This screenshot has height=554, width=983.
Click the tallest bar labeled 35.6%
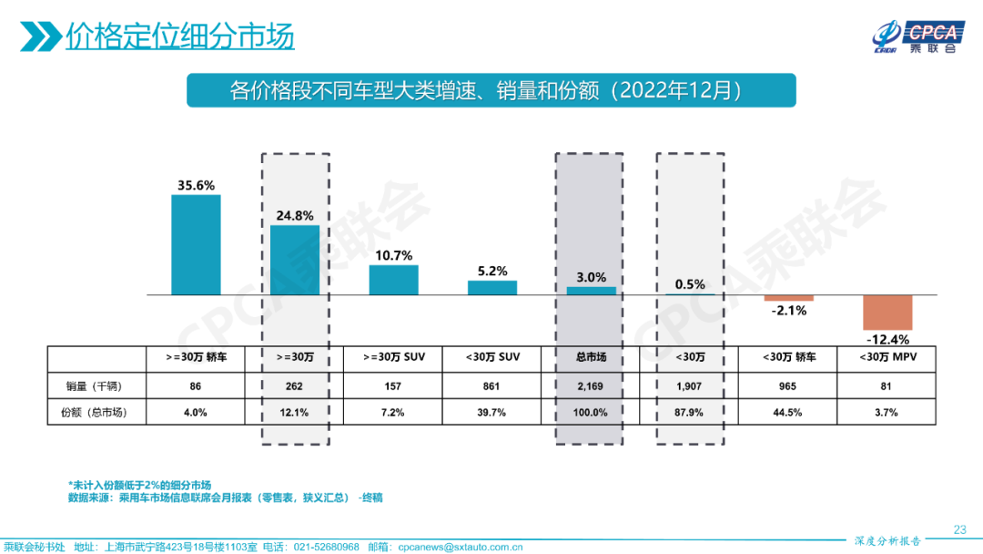[196, 244]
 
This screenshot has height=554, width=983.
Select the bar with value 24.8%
[295, 260]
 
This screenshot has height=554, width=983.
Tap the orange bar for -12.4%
[887, 313]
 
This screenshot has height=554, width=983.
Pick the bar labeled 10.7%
[393, 280]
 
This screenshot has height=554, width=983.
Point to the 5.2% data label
[492, 272]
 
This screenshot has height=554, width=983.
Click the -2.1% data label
[788, 311]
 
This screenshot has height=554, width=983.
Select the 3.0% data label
[591, 277]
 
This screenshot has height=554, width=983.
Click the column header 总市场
[590, 357]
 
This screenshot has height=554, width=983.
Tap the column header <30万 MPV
[887, 357]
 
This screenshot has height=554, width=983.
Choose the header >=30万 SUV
[393, 357]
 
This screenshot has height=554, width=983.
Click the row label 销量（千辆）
[97, 385]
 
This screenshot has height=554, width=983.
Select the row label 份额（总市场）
[97, 413]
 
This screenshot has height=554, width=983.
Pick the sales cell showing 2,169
[590, 385]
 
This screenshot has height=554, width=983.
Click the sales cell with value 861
[491, 385]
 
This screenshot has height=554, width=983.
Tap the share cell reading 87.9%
[690, 413]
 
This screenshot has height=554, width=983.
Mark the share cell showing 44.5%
[788, 413]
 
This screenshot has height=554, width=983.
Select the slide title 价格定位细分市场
[179, 37]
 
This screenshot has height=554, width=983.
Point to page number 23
[959, 529]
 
